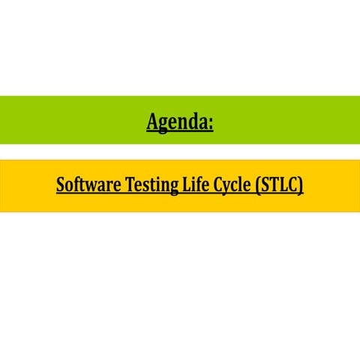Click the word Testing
pyautogui.click(x=150, y=184)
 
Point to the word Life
pyautogui.click(x=192, y=184)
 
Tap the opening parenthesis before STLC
pyautogui.click(x=259, y=184)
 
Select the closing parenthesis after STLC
pyautogui.click(x=301, y=184)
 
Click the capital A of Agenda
pyautogui.click(x=152, y=120)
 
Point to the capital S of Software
pyautogui.click(x=61, y=184)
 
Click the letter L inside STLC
pyautogui.click(x=283, y=184)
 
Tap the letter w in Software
pyautogui.click(x=94, y=185)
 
